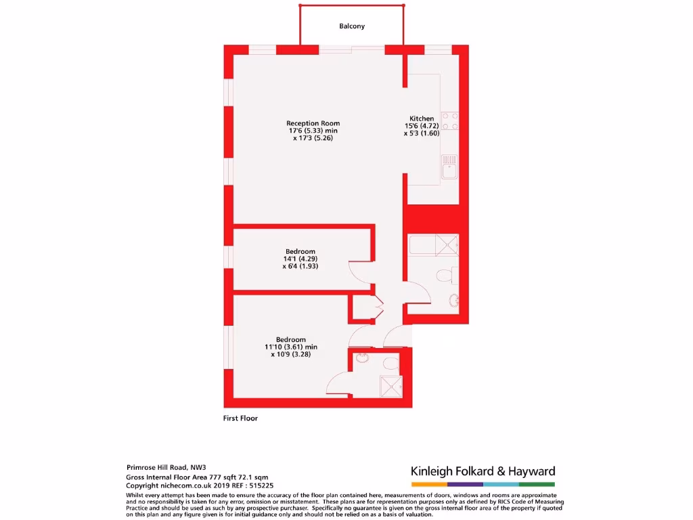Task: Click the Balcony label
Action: click(352, 26)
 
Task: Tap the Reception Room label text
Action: click(313, 123)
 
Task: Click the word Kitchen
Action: click(422, 118)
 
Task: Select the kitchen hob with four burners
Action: click(450, 121)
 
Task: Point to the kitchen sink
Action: click(450, 167)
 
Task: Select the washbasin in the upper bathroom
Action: click(455, 299)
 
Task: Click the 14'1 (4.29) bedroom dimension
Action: click(300, 259)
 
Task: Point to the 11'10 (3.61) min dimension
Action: click(291, 347)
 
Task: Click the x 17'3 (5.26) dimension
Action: click(313, 137)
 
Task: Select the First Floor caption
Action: click(240, 418)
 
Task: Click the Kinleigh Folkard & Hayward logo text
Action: click(483, 471)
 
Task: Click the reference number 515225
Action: click(261, 485)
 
